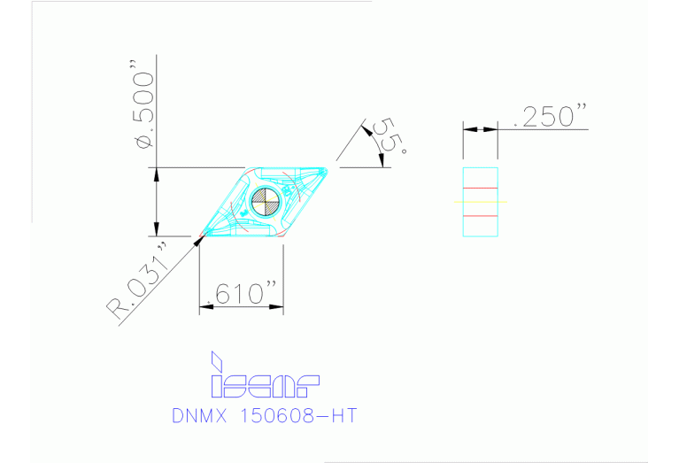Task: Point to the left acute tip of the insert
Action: point(204,233)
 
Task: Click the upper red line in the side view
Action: point(480,188)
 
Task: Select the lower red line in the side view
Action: point(480,215)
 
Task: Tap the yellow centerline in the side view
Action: point(480,202)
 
